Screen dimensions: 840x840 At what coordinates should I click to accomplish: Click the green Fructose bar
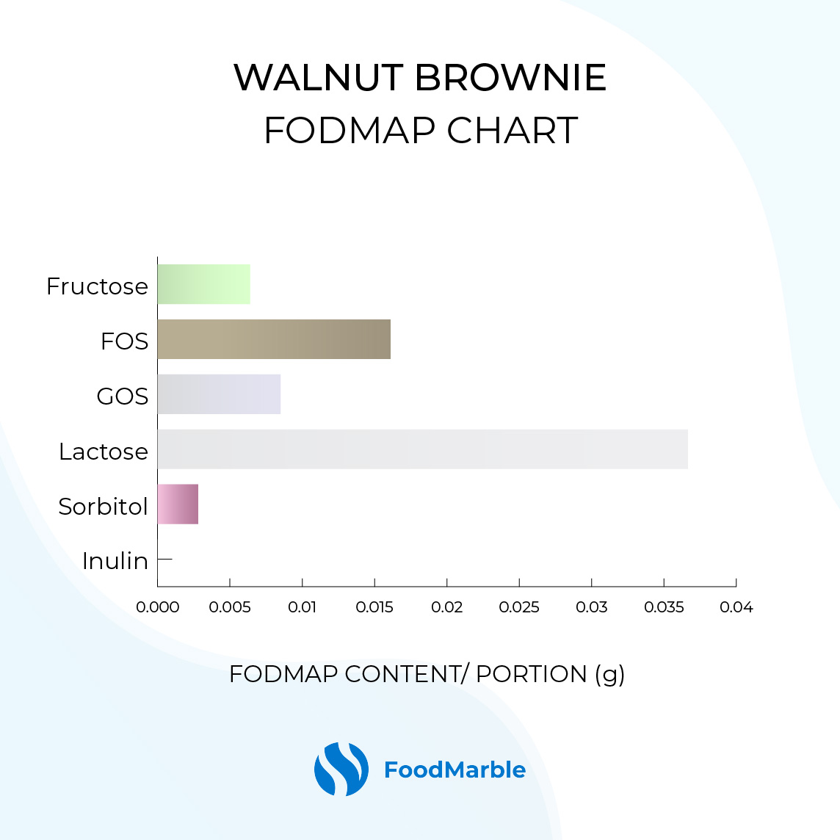pos(203,284)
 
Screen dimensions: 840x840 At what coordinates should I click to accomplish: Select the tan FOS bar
pos(274,339)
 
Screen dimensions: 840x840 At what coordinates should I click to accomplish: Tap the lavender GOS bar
pos(219,394)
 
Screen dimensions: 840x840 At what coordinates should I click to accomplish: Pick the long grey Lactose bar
pos(423,449)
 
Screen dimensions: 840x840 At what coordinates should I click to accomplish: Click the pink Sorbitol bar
pos(178,504)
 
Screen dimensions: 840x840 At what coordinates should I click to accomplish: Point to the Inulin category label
pos(115,561)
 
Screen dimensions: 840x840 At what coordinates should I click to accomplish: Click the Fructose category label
pos(97,286)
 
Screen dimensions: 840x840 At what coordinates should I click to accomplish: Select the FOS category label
pos(124,341)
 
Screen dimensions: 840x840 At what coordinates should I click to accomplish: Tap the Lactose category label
pos(104,452)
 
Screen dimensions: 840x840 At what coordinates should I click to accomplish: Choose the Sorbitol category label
pos(103,506)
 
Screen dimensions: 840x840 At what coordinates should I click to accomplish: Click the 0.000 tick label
pos(157,607)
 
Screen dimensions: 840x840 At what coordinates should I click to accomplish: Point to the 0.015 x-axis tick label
pos(374,607)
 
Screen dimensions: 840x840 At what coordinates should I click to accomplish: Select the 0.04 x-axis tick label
pos(736,607)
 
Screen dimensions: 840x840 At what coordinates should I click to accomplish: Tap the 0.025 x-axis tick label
pos(519,607)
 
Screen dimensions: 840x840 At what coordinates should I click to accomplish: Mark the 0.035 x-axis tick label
pos(664,607)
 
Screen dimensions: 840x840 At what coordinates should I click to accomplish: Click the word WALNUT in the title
pos(319,78)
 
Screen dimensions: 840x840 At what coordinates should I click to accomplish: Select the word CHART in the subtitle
pos(512,130)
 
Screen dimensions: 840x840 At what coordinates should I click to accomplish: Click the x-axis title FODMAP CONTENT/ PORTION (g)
pos(427,675)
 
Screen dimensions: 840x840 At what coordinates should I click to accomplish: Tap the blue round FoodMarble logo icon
pos(341,770)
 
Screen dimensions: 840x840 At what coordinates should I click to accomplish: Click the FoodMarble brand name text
pos(455,770)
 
